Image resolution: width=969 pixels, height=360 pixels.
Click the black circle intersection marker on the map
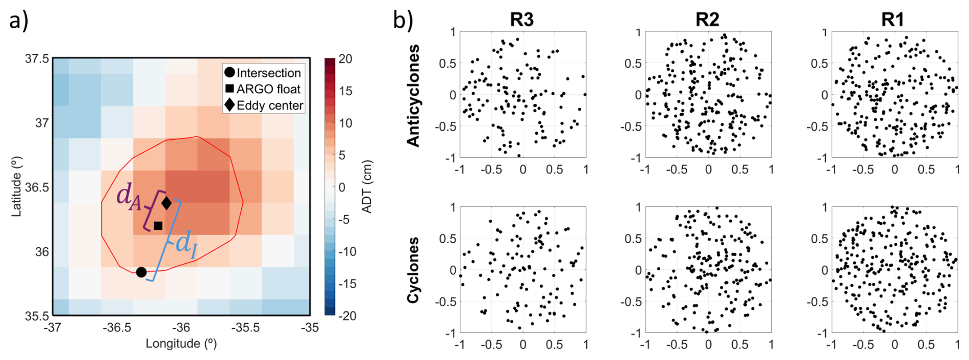tap(141, 272)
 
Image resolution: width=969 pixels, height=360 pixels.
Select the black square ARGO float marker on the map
tap(158, 226)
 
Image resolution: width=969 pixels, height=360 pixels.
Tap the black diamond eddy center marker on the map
tap(166, 203)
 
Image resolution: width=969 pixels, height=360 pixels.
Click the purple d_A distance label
tap(129, 197)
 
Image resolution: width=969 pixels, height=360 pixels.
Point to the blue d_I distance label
tap(186, 244)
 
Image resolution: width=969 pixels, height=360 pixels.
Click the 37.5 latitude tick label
tap(37, 59)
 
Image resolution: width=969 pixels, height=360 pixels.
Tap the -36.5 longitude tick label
tap(117, 328)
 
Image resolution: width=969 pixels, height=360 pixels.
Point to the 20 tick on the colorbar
tap(346, 59)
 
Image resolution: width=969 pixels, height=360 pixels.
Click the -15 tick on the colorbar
tap(348, 284)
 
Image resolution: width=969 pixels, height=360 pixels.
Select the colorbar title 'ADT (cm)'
tap(367, 187)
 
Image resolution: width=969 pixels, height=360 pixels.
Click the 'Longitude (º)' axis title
tap(181, 344)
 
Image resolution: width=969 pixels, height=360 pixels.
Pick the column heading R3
tap(522, 19)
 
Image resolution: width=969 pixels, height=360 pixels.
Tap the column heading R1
tap(893, 19)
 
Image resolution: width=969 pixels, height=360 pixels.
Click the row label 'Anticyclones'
tap(413, 96)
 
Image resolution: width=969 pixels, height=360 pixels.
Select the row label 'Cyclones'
tap(413, 270)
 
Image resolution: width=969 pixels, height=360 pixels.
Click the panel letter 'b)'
tap(403, 20)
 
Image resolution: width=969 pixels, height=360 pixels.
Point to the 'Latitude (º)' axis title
tap(16, 187)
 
